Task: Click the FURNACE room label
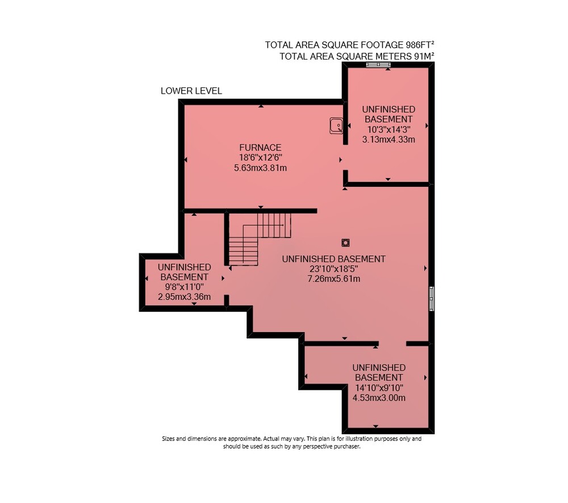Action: pyautogui.click(x=260, y=148)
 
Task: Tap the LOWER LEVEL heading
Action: pyautogui.click(x=191, y=91)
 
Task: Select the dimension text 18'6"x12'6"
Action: pyautogui.click(x=261, y=157)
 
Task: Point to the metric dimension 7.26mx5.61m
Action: pyautogui.click(x=333, y=279)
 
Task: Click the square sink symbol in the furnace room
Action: pyautogui.click(x=336, y=125)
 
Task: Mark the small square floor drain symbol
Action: pyautogui.click(x=345, y=242)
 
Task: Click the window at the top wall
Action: pyautogui.click(x=378, y=65)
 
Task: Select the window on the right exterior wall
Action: pyautogui.click(x=432, y=299)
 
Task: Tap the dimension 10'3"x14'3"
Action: pyautogui.click(x=389, y=129)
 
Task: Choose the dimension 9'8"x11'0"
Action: pyautogui.click(x=185, y=287)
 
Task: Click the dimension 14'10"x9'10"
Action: pyautogui.click(x=379, y=388)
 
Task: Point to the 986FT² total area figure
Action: pyautogui.click(x=415, y=44)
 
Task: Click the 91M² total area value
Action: pyautogui.click(x=424, y=56)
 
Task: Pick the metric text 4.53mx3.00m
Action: pyautogui.click(x=379, y=398)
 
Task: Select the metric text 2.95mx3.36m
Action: pyautogui.click(x=185, y=297)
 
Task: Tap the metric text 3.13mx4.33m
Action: pyautogui.click(x=389, y=140)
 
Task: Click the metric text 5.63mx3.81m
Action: pyautogui.click(x=261, y=167)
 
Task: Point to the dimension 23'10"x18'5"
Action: pyautogui.click(x=333, y=269)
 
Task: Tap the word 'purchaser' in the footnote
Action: pyautogui.click(x=346, y=446)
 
